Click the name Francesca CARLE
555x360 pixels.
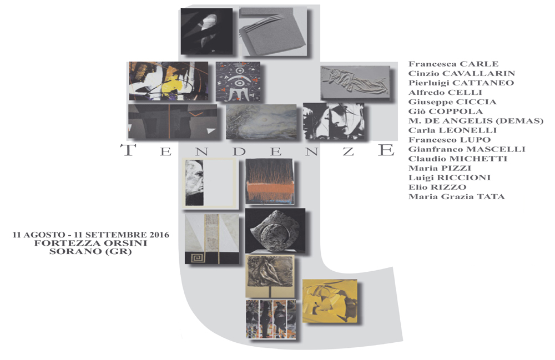tap(453, 64)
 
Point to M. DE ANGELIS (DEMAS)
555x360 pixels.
tap(476, 121)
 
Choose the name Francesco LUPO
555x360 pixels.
tap(449, 140)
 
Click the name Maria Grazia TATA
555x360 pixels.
tap(457, 196)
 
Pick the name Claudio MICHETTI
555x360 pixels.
tap(457, 159)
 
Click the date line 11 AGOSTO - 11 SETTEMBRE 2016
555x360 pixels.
tap(91, 235)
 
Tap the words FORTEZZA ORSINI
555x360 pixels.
tap(91, 243)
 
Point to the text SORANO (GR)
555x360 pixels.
tap(91, 251)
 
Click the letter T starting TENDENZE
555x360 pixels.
tap(129, 150)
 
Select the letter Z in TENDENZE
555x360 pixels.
tap(348, 150)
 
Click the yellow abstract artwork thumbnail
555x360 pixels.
tap(329, 300)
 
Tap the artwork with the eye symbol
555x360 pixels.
tap(237, 81)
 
